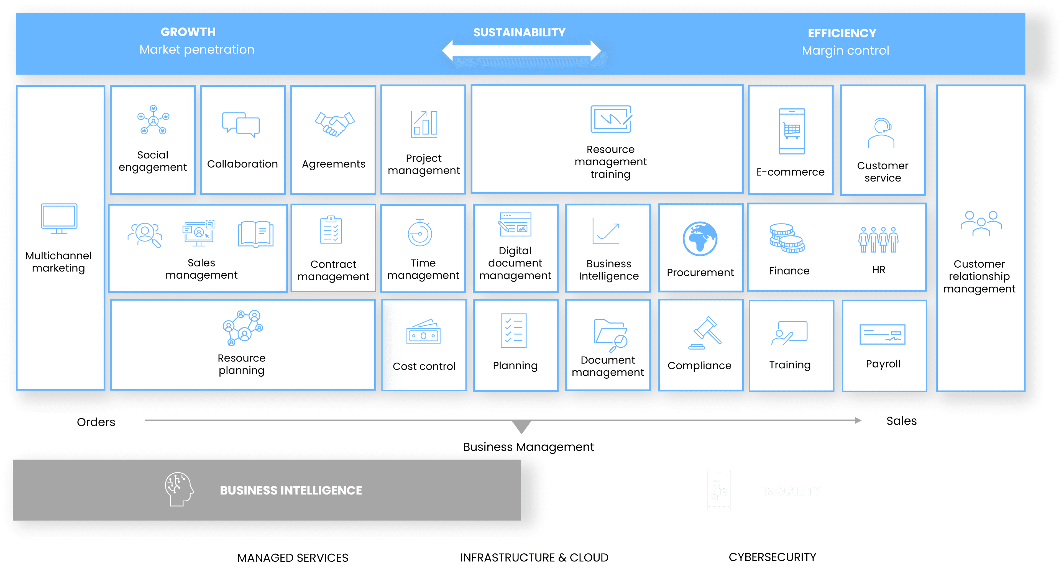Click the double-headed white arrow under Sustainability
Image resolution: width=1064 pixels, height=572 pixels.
click(x=521, y=51)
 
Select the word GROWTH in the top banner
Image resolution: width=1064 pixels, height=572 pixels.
click(x=188, y=32)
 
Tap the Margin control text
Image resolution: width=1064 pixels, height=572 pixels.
click(x=845, y=50)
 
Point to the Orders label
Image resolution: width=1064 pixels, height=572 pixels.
click(x=96, y=422)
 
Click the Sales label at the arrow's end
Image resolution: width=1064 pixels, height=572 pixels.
click(x=901, y=421)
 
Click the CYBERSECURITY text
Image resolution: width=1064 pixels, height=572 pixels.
click(x=772, y=557)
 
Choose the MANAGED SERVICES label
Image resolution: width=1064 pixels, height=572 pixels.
click(x=292, y=558)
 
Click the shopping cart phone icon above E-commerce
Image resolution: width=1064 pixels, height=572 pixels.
click(x=791, y=131)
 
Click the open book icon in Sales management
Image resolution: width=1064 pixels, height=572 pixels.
click(x=255, y=234)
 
